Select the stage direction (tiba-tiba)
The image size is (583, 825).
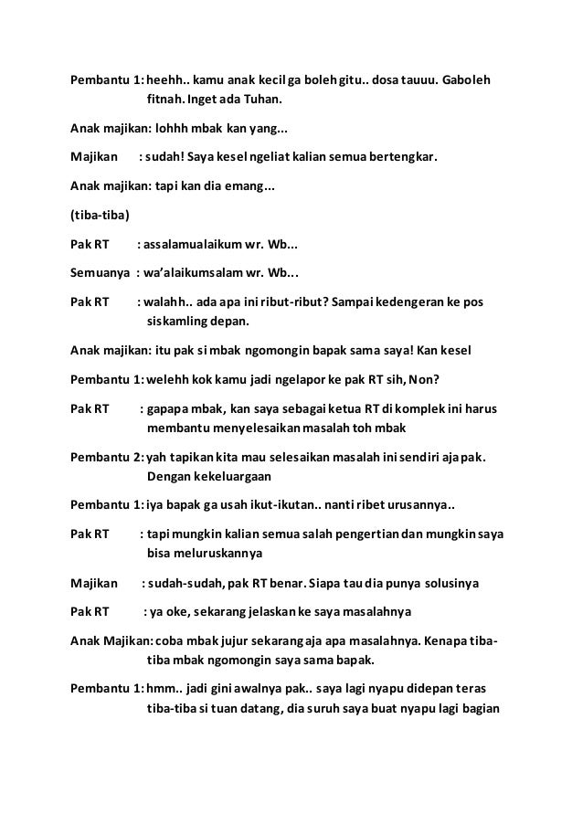coord(101,216)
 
